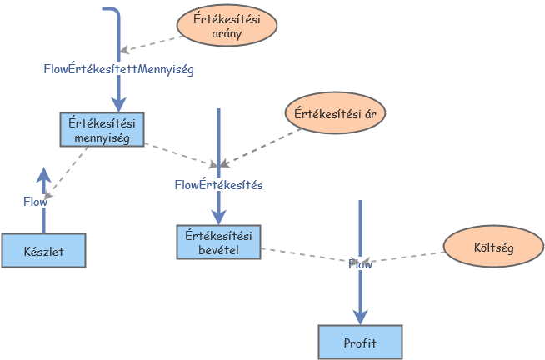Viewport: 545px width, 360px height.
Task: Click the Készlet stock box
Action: [x=44, y=250]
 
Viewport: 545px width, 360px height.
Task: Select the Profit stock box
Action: [x=360, y=342]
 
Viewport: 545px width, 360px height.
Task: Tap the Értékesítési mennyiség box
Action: [x=102, y=129]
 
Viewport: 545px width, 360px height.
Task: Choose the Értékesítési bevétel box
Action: [x=218, y=241]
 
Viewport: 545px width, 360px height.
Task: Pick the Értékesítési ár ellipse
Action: [x=335, y=113]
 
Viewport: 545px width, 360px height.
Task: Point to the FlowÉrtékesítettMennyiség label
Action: [x=119, y=70]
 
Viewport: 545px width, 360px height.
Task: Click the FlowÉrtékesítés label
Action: [x=218, y=185]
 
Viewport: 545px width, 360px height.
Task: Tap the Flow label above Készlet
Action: [x=35, y=201]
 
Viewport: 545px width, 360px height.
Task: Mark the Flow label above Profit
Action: [x=360, y=264]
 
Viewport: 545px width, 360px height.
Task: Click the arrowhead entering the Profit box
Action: [x=360, y=317]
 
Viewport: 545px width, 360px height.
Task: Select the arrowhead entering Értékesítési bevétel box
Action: [x=218, y=216]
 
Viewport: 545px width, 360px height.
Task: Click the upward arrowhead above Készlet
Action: [x=44, y=174]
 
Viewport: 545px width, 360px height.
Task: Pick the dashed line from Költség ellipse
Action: [x=408, y=256]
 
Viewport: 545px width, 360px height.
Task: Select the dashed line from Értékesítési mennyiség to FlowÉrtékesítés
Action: [x=179, y=152]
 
